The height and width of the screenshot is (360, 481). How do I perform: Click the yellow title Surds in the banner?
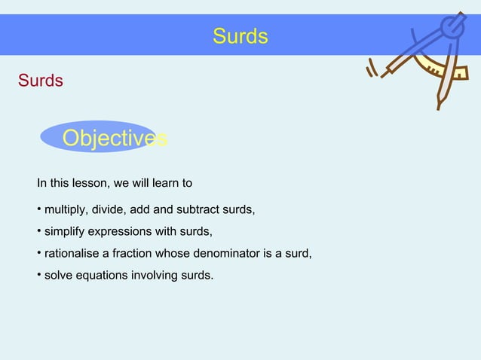(240, 36)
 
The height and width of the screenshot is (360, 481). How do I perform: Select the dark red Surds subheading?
(41, 80)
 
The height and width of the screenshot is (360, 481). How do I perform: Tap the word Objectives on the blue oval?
(114, 139)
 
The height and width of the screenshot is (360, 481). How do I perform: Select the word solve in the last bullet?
(59, 275)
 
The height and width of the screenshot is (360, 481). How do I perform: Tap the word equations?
(103, 275)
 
